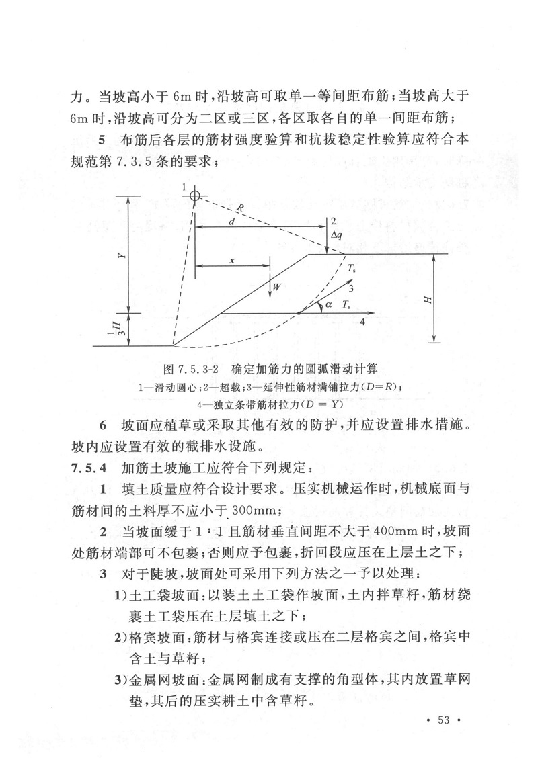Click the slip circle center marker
(x=194, y=196)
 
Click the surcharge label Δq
(x=338, y=235)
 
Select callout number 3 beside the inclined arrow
(x=350, y=288)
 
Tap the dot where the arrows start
(x=299, y=313)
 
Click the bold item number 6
(x=102, y=425)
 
